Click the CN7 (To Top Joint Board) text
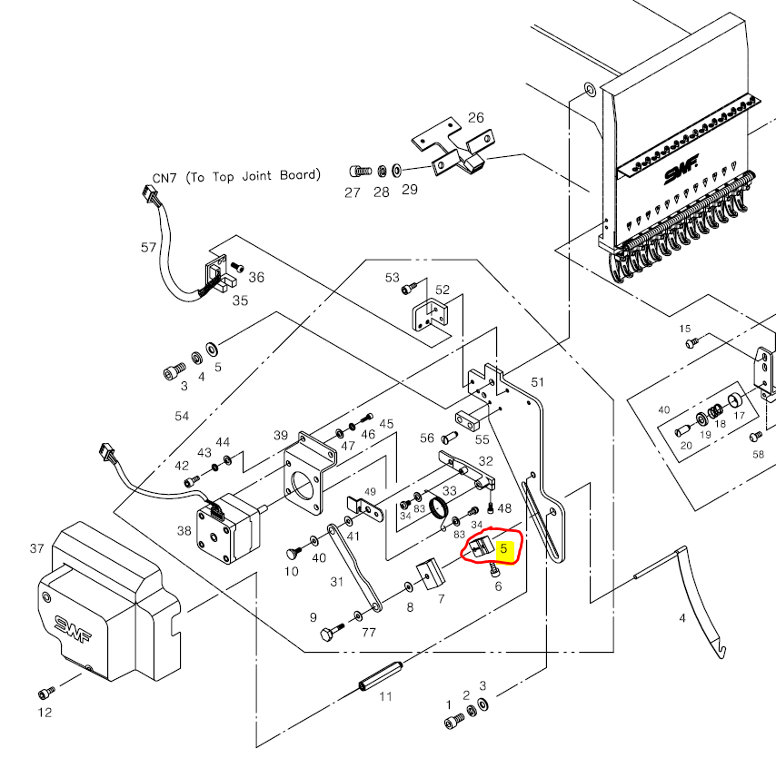(236, 176)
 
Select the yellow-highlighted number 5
(506, 548)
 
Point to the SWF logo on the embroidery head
(676, 172)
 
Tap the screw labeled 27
(359, 171)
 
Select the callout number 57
(149, 247)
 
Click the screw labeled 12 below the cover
(45, 693)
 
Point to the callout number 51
(536, 383)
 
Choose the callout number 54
(182, 416)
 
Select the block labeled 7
(427, 576)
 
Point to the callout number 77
(368, 633)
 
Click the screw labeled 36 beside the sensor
(237, 268)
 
